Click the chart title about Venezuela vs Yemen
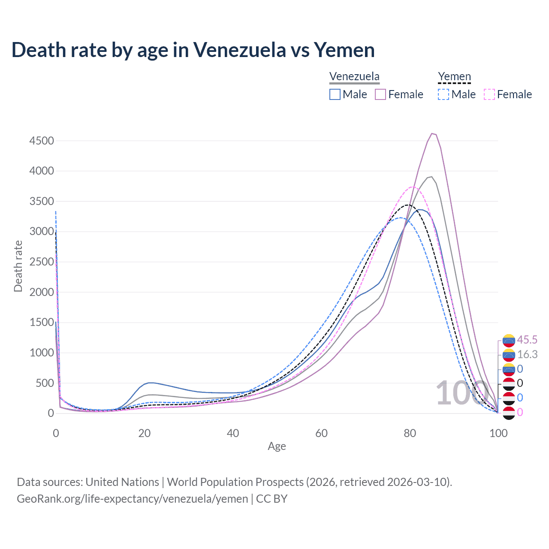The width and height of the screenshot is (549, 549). point(193,50)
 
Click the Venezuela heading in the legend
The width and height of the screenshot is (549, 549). point(354,77)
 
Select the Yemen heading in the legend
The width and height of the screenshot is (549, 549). point(454,77)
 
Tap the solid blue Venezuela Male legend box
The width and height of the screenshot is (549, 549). point(335,94)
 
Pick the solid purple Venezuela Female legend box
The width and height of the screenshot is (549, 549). point(380,94)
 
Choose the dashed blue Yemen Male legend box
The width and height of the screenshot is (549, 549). point(443,94)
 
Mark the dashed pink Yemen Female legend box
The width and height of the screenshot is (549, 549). point(489,94)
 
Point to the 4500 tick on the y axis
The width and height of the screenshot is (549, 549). point(42,141)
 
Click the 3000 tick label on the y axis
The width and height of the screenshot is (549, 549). point(42,232)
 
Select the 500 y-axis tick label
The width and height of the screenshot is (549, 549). point(45,383)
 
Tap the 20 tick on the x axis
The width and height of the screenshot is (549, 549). point(144,433)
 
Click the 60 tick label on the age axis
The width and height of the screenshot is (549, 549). point(321,433)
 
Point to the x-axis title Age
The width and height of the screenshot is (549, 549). point(277,446)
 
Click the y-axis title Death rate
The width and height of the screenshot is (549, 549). point(18,266)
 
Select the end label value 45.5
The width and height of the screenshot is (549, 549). point(527,340)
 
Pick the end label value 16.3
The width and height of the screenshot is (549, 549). point(527,354)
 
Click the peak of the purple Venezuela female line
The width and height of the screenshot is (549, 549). point(432,133)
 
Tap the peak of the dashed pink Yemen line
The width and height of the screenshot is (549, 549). point(413,187)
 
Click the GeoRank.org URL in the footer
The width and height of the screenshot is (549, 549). point(132,499)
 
